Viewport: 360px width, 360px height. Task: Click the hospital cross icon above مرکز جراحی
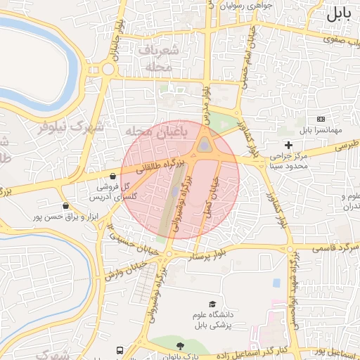coord(288,144)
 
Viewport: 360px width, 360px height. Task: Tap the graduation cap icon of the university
coord(212,303)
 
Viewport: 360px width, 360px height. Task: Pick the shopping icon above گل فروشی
coord(113,176)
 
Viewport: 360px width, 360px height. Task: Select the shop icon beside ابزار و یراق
coord(65,206)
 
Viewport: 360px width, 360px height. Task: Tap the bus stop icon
coord(119,349)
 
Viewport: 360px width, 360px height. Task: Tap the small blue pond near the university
coord(276,283)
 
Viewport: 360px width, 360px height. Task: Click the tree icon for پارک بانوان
coord(180,345)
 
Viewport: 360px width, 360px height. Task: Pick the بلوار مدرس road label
coord(205,98)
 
